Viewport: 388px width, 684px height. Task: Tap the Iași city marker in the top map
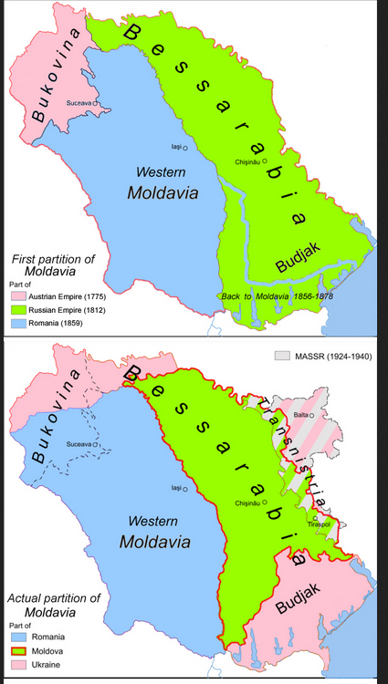coord(185,148)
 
